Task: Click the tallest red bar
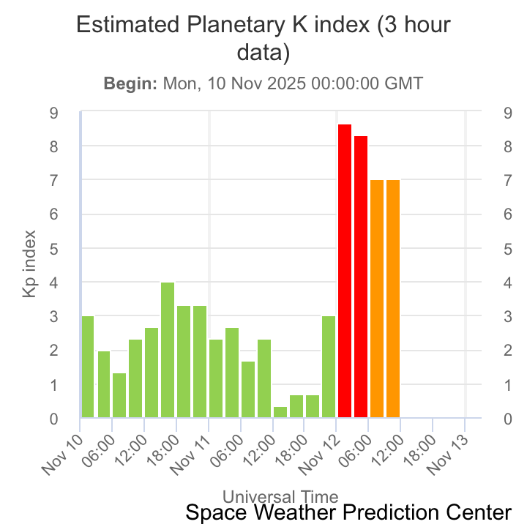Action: click(344, 271)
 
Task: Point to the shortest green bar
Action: click(280, 412)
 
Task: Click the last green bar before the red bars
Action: click(328, 367)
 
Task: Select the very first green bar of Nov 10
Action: click(87, 367)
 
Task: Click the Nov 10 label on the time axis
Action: click(62, 454)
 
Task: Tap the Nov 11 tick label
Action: click(191, 454)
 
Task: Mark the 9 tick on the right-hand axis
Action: click(507, 113)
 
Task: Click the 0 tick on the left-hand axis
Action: click(54, 419)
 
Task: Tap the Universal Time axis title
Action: click(280, 497)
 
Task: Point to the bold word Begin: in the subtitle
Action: click(130, 83)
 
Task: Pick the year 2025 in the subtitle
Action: click(286, 83)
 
